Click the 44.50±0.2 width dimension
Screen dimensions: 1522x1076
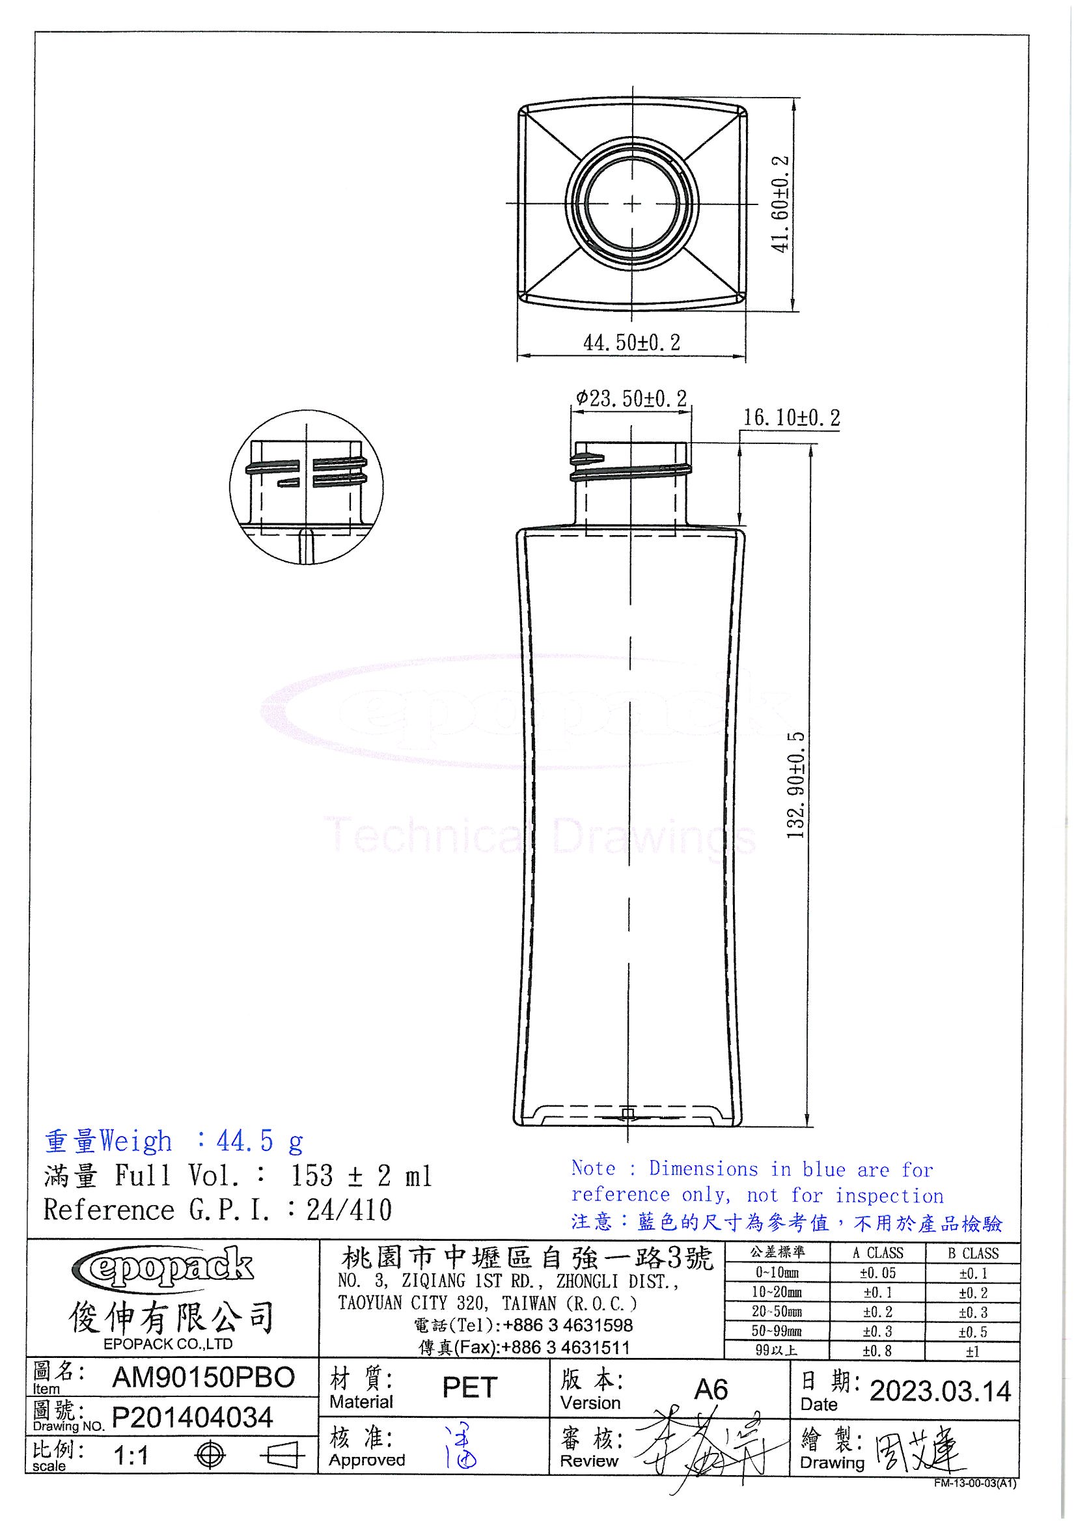(x=631, y=342)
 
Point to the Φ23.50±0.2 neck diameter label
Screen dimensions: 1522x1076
(x=631, y=398)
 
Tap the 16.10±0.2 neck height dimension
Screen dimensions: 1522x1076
(x=791, y=419)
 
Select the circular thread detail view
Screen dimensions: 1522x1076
(x=307, y=486)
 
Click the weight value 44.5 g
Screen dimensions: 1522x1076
(x=259, y=1141)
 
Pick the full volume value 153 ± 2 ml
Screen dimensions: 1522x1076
(x=361, y=1176)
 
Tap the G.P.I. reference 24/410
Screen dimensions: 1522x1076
(x=350, y=1210)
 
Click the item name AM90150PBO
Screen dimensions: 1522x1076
(x=204, y=1378)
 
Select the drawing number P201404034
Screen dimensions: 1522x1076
(x=192, y=1418)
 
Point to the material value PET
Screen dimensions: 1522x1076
(x=469, y=1388)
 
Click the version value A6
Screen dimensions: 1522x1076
(x=711, y=1389)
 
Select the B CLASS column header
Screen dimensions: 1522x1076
(x=973, y=1254)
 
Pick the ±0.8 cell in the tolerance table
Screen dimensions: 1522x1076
(x=877, y=1351)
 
